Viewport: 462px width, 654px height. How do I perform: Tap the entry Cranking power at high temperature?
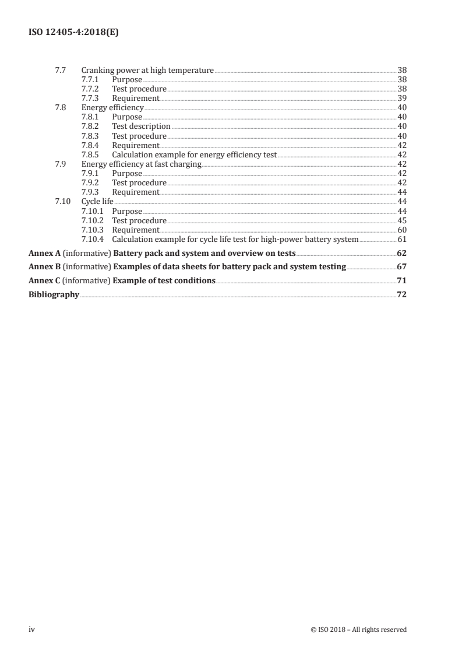(x=147, y=70)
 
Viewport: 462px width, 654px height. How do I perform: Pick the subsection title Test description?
(x=141, y=126)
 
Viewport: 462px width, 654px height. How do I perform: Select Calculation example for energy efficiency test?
(x=194, y=154)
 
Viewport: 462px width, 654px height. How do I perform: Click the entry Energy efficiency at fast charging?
(x=141, y=164)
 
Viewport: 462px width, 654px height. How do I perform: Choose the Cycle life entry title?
(x=97, y=202)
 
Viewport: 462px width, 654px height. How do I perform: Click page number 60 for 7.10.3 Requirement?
(x=401, y=230)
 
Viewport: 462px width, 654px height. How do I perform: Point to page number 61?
(x=401, y=240)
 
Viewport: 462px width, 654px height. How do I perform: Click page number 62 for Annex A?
(x=401, y=254)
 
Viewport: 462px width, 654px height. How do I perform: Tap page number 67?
(x=401, y=267)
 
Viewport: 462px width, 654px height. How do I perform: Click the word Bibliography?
(x=54, y=295)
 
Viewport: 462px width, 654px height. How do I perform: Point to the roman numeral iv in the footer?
(x=33, y=630)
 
